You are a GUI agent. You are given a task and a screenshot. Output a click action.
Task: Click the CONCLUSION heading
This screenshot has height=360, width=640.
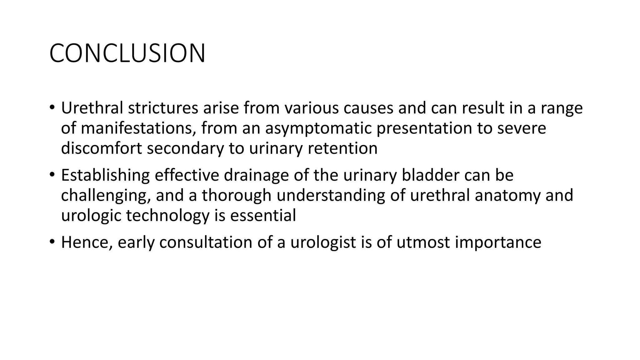[x=127, y=53]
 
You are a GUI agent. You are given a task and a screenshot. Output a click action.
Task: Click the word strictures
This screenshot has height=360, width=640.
[x=163, y=108]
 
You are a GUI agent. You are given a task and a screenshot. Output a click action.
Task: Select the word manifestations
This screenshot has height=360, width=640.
[x=138, y=128]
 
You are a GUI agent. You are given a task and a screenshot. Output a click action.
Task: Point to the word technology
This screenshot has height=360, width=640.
[x=167, y=216]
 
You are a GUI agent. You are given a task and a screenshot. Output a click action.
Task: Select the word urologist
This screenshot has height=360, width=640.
[x=323, y=242]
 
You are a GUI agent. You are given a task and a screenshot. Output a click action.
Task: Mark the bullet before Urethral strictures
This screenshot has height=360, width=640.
[x=52, y=108]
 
